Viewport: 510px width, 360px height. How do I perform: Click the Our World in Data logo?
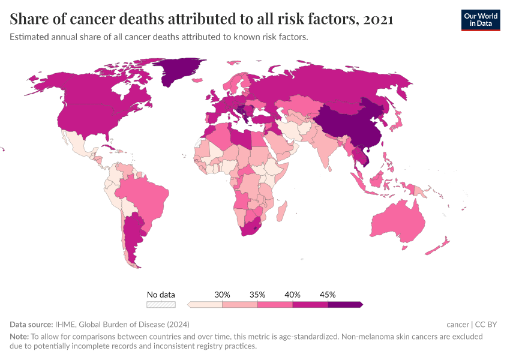[480, 20]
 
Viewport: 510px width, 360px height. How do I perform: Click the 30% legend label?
[223, 295]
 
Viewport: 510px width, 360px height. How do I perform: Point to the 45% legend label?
[328, 295]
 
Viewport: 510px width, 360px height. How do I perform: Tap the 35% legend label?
[257, 295]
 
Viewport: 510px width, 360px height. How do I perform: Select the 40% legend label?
[293, 295]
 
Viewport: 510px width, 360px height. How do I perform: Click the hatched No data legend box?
[161, 304]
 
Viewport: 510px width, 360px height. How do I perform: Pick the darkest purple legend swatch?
[345, 304]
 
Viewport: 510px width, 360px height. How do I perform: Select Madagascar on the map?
[281, 214]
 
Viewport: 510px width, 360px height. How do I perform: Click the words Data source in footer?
[31, 325]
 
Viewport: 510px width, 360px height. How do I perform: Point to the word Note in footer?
[19, 337]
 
